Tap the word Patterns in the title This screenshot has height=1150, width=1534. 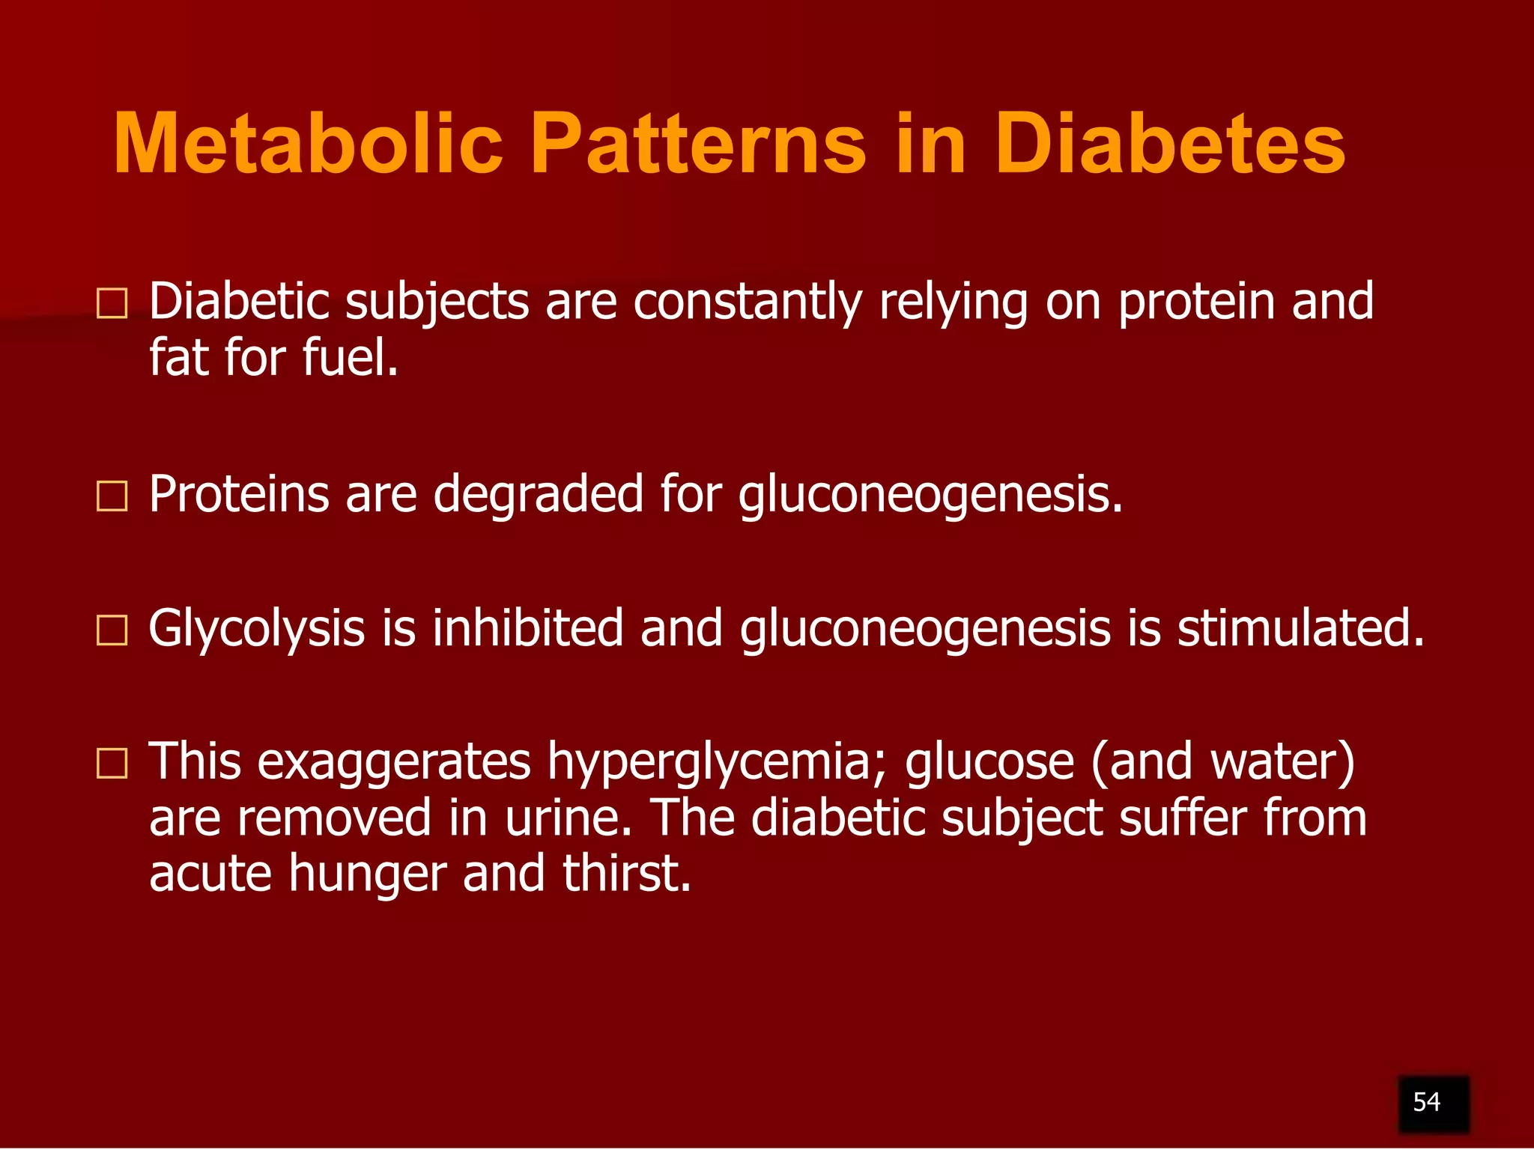pyautogui.click(x=698, y=144)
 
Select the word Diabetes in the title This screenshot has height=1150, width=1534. pyautogui.click(x=1169, y=144)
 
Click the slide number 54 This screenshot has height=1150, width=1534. pyautogui.click(x=1426, y=1102)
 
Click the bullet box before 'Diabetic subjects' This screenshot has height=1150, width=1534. pyautogui.click(x=112, y=304)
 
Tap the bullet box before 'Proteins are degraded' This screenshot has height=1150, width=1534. pyautogui.click(x=112, y=496)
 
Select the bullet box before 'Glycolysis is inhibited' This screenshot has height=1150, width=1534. pyautogui.click(x=112, y=630)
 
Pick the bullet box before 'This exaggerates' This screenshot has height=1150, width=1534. pyautogui.click(x=112, y=764)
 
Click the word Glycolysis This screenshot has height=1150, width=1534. pyautogui.click(x=256, y=629)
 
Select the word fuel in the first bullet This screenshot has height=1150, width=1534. pyautogui.click(x=349, y=357)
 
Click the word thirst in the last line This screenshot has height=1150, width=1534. pyautogui.click(x=626, y=873)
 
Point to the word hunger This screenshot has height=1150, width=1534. pyautogui.click(x=367, y=874)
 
